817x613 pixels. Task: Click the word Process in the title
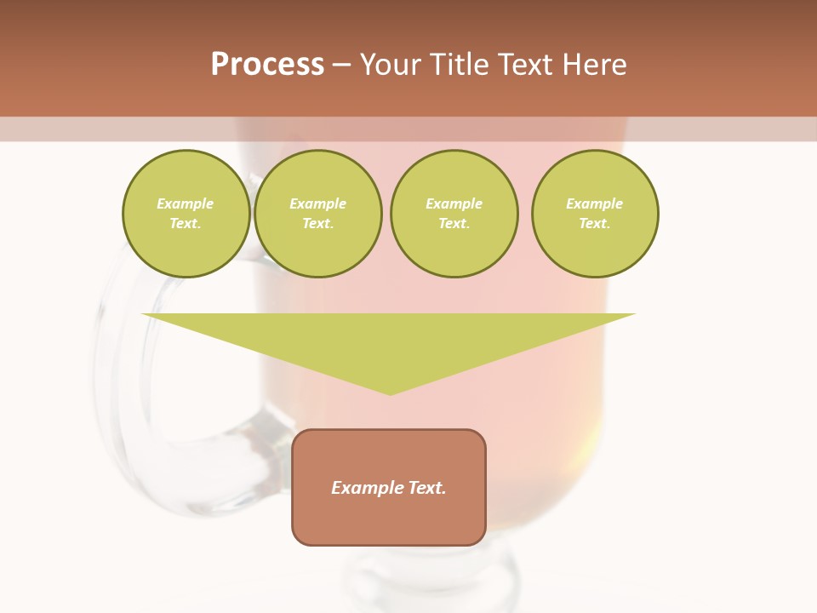point(267,65)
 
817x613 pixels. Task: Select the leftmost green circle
point(186,214)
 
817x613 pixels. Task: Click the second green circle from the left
point(317,214)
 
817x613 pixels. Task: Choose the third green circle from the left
point(454,214)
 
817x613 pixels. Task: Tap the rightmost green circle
point(595,214)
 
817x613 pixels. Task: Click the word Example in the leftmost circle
point(186,203)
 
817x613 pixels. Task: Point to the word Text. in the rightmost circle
point(595,223)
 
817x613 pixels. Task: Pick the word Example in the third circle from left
point(454,203)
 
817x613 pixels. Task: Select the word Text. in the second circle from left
point(317,223)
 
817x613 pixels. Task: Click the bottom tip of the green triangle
point(390,393)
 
